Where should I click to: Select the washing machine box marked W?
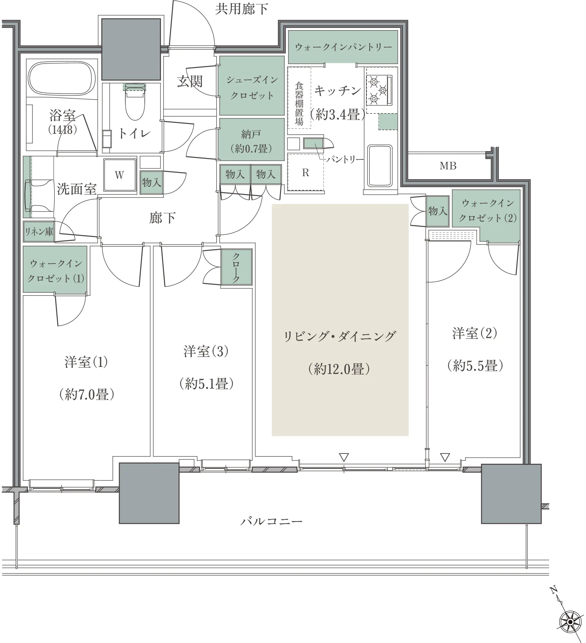[x=120, y=175]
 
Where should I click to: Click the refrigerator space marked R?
[x=306, y=172]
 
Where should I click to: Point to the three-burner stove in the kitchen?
[x=379, y=90]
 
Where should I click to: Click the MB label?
[x=448, y=166]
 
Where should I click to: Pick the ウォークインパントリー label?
[x=343, y=47]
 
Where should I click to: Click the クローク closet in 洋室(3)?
[x=237, y=267]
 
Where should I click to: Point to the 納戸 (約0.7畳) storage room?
[x=251, y=139]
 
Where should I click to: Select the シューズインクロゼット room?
[x=252, y=86]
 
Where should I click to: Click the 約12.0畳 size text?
[x=339, y=369]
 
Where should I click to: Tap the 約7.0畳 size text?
[x=87, y=395]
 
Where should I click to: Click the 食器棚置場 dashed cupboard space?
[x=299, y=98]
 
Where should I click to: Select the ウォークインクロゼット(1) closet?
[x=55, y=270]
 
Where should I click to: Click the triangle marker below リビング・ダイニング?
[x=344, y=457]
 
